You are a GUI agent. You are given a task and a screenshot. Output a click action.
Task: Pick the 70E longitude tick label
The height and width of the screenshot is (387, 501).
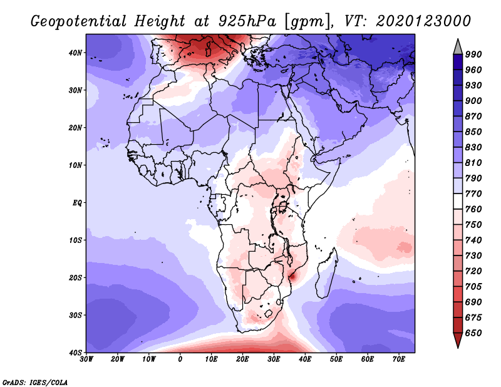[399, 359]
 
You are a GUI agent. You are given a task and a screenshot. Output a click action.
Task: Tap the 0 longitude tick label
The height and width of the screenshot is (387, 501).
[180, 359]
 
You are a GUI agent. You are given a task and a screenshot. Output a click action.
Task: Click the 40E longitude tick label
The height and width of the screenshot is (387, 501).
[305, 359]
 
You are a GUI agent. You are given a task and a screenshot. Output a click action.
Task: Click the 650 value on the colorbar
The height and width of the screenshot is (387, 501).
[473, 333]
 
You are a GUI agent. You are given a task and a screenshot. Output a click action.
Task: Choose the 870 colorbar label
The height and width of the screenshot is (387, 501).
[473, 118]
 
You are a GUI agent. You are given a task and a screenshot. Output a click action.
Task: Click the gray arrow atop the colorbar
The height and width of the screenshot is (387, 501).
[458, 46]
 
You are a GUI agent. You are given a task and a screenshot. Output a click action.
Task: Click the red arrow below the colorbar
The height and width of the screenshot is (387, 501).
[458, 341]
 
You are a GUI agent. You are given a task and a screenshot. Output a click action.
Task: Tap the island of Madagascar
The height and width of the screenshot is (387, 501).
[327, 271]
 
